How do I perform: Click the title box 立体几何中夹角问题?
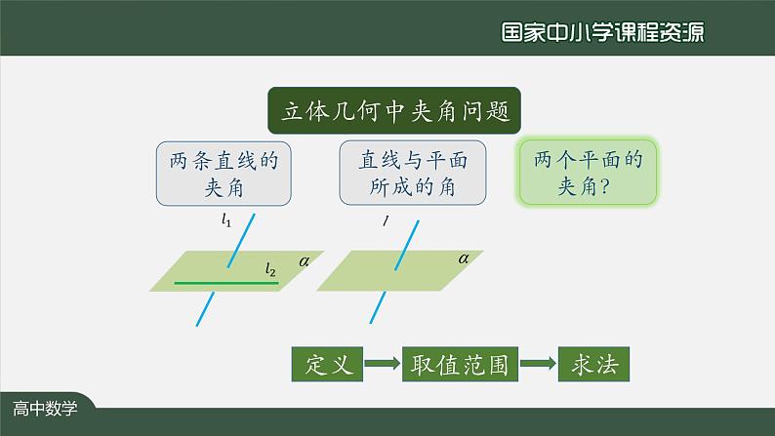coord(394,111)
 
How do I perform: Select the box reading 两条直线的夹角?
coord(224,174)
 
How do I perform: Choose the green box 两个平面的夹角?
coord(587,173)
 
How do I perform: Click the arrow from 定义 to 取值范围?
coord(382,364)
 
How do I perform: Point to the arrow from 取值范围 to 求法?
coord(539,364)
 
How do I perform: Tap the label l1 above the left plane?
coord(226,221)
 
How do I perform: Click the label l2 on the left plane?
coord(270,268)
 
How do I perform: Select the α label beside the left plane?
coord(305,260)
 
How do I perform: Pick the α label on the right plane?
coord(464,258)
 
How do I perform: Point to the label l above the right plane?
coord(386,221)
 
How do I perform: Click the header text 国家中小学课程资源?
coord(602,31)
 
